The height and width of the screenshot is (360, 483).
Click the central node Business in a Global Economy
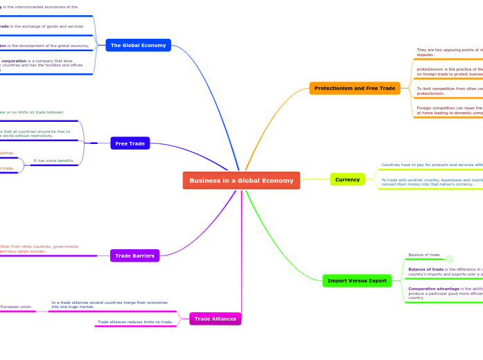[241, 181]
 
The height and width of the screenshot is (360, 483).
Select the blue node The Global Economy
[138, 45]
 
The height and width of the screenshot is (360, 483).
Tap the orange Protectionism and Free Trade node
[354, 89]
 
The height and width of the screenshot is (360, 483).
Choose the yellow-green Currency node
[347, 179]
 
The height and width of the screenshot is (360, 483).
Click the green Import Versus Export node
[357, 280]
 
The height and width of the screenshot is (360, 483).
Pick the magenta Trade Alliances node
[215, 318]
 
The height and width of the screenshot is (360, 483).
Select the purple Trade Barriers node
[134, 255]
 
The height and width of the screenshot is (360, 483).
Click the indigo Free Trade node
[130, 143]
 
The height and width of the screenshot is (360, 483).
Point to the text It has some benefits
[53, 161]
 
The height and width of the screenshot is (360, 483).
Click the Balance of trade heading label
[424, 255]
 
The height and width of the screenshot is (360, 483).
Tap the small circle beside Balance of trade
[449, 259]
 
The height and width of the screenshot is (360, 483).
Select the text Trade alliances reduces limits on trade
[135, 322]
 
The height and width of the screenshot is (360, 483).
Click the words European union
[16, 307]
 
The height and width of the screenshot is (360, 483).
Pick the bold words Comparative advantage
[425, 289]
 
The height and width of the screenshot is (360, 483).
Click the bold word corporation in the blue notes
[14, 61]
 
